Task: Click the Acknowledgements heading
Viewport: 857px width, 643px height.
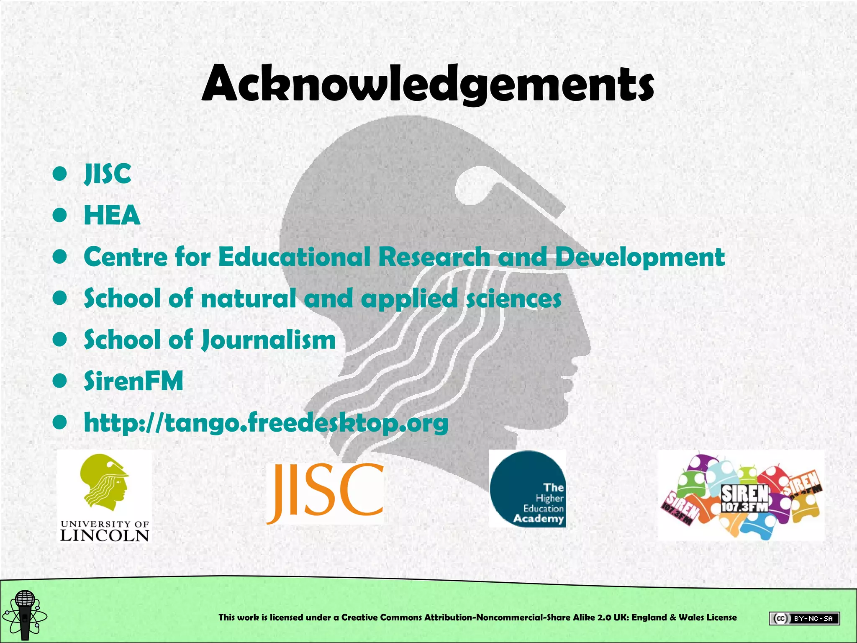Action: [x=428, y=84]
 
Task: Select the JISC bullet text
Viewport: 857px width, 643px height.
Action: [x=108, y=174]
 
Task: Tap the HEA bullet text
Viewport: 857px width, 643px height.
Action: [x=112, y=215]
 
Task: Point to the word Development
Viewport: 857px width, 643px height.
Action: [x=640, y=257]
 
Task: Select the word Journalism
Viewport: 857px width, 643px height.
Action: [x=268, y=340]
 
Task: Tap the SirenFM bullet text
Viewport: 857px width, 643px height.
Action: [x=133, y=381]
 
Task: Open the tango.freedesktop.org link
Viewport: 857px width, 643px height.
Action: [x=266, y=423]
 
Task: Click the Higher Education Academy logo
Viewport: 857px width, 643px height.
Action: [x=527, y=489]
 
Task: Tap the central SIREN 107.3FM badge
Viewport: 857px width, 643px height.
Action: [x=745, y=498]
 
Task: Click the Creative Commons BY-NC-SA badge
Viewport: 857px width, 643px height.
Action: [x=804, y=618]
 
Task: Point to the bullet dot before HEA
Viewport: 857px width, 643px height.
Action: [x=60, y=215]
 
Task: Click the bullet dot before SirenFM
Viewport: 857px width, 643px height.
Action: [x=60, y=381]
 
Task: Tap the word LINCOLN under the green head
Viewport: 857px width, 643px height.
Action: [x=105, y=535]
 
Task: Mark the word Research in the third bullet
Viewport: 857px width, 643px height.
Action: [x=434, y=257]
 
